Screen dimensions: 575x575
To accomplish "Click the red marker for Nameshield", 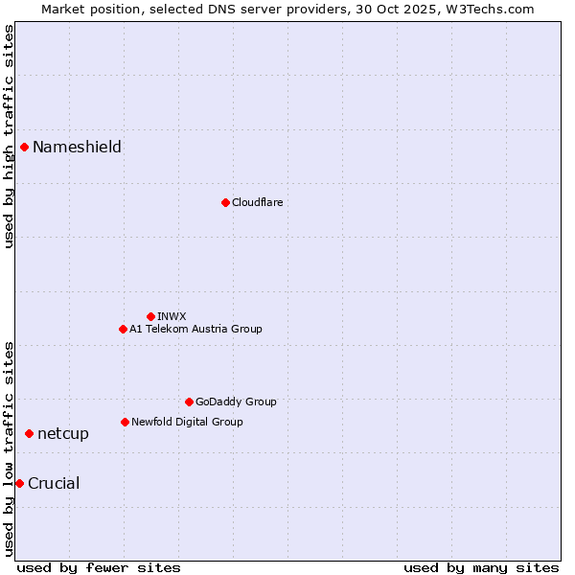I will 24,147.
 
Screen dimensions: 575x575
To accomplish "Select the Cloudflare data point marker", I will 225,202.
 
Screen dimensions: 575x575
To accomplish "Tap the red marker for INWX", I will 150,316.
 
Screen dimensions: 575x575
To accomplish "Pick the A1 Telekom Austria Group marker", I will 123,329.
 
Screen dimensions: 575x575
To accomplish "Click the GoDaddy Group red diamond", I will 189,402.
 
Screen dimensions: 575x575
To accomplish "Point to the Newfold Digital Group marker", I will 125,422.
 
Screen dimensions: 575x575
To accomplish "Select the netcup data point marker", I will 29,434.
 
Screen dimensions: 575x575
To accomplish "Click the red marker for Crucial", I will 19,483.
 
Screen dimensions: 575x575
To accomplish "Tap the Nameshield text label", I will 77,147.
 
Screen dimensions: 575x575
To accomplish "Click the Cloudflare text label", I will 257,202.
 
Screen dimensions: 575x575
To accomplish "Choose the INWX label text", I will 172,316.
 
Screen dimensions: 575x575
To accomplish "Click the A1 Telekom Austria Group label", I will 195,329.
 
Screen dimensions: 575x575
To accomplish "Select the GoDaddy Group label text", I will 236,402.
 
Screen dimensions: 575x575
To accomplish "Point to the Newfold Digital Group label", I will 187,422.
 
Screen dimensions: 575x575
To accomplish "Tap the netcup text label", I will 63,434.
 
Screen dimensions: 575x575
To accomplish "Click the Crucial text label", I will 54,483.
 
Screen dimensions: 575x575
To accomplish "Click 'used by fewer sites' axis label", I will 99,567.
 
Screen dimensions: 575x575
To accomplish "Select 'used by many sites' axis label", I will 481,567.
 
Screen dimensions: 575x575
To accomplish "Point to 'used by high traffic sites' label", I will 9,136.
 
